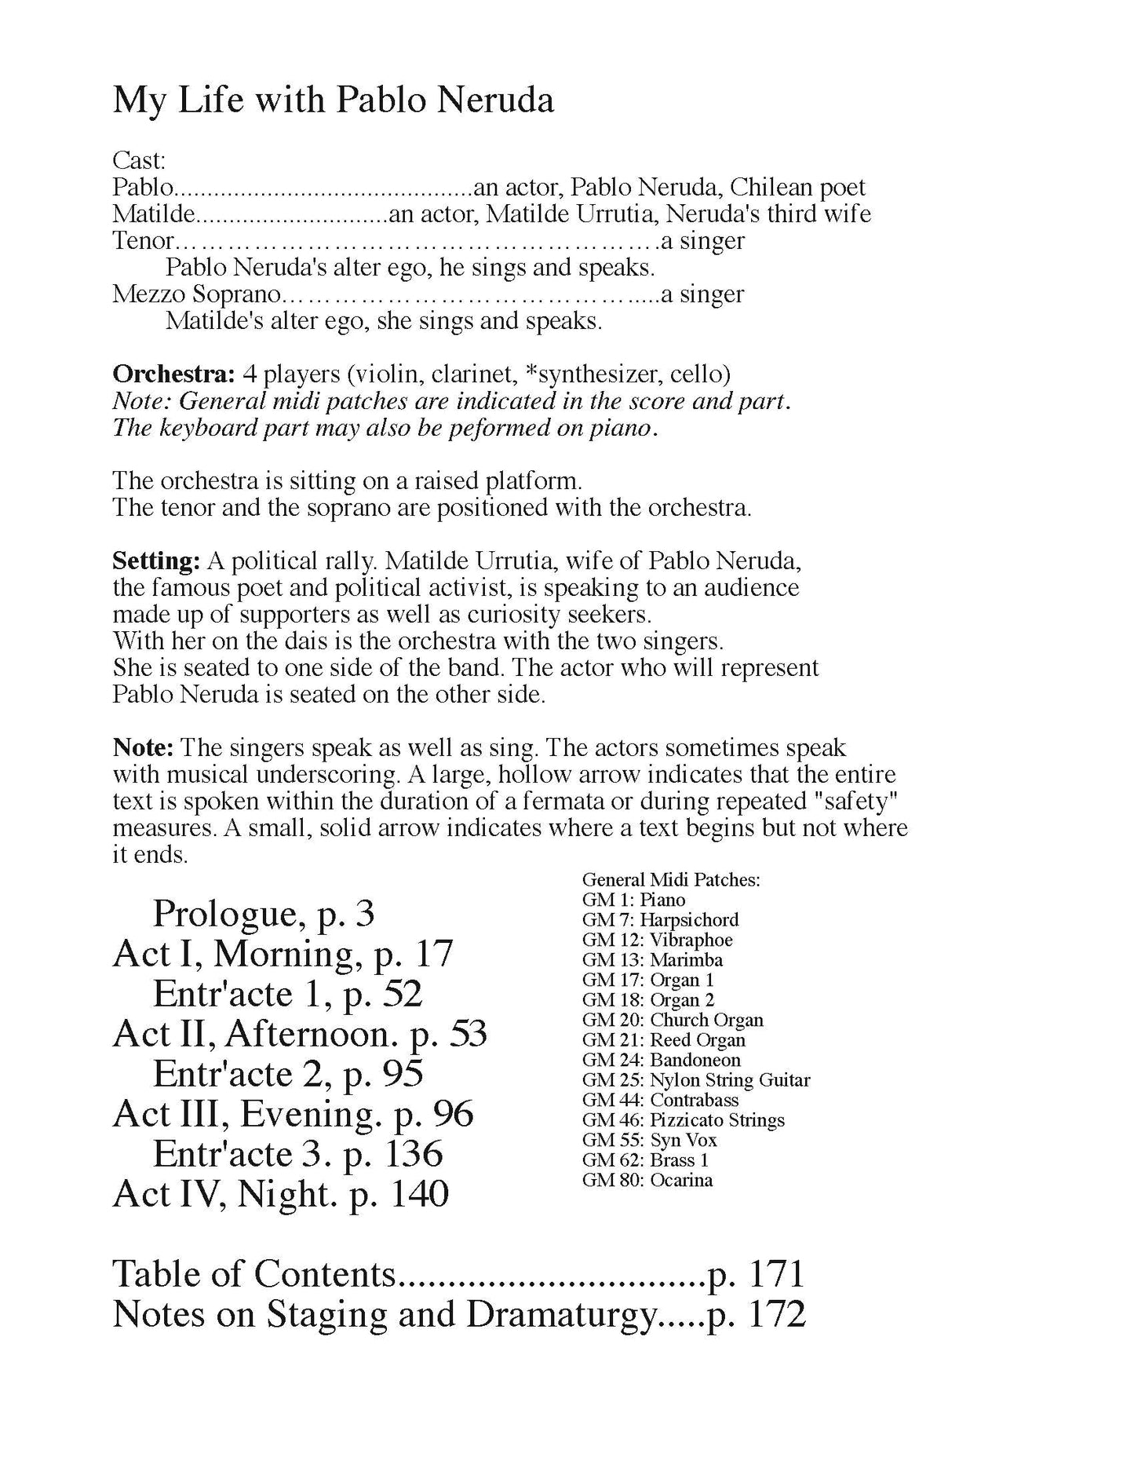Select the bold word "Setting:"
[x=156, y=561]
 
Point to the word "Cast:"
[x=139, y=161]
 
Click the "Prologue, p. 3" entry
[x=264, y=913]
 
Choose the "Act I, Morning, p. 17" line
[x=283, y=954]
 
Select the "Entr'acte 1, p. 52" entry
[x=287, y=994]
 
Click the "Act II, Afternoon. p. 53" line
[x=300, y=1034]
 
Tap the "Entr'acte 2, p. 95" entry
[x=288, y=1074]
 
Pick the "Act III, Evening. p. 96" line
[x=293, y=1114]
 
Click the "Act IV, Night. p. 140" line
[x=280, y=1194]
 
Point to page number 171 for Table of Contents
[x=776, y=1274]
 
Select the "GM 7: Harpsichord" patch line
[x=660, y=920]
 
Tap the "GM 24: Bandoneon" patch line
[x=661, y=1060]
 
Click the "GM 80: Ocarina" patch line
[x=647, y=1180]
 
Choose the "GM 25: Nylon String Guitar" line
[x=696, y=1080]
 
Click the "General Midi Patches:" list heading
[x=671, y=880]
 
